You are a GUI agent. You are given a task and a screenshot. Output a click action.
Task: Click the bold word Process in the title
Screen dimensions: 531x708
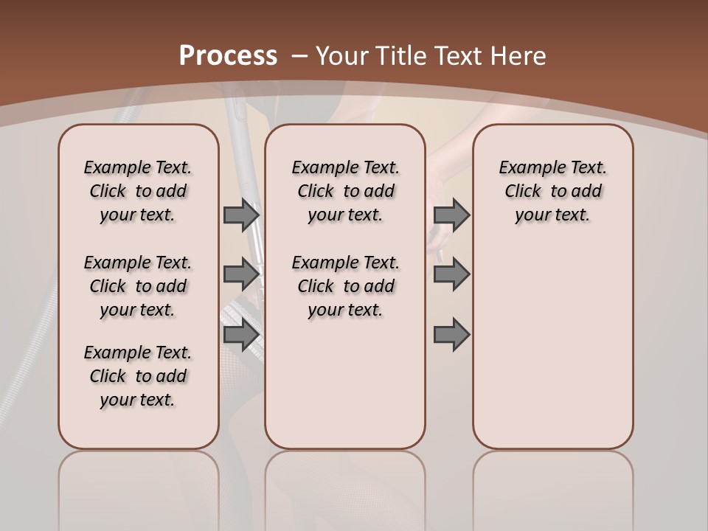click(228, 55)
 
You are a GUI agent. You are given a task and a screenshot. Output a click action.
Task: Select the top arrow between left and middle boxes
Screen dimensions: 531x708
click(241, 215)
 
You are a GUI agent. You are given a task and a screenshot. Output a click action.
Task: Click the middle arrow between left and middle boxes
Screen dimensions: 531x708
click(241, 274)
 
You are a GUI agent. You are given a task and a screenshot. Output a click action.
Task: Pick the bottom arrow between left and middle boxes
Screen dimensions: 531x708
click(241, 335)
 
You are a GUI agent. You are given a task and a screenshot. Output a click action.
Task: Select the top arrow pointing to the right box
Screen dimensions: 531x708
click(451, 215)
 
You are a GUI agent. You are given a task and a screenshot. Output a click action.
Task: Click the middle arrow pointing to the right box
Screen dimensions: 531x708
click(451, 274)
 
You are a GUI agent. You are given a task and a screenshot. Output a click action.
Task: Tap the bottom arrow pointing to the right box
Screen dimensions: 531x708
click(451, 335)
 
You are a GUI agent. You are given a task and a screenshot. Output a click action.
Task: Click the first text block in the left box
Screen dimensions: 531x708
click(138, 191)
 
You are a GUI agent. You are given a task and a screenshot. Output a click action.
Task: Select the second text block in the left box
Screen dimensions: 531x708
click(138, 286)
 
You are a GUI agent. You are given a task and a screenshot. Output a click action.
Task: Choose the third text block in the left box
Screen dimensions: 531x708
click(138, 376)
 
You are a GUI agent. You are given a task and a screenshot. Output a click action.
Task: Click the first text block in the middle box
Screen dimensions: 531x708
click(345, 191)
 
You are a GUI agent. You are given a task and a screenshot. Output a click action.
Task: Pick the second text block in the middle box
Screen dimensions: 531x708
click(345, 286)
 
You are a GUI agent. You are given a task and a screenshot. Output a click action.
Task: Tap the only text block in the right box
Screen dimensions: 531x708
click(553, 191)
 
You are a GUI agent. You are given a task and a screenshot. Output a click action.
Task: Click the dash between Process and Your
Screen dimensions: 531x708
click(299, 56)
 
